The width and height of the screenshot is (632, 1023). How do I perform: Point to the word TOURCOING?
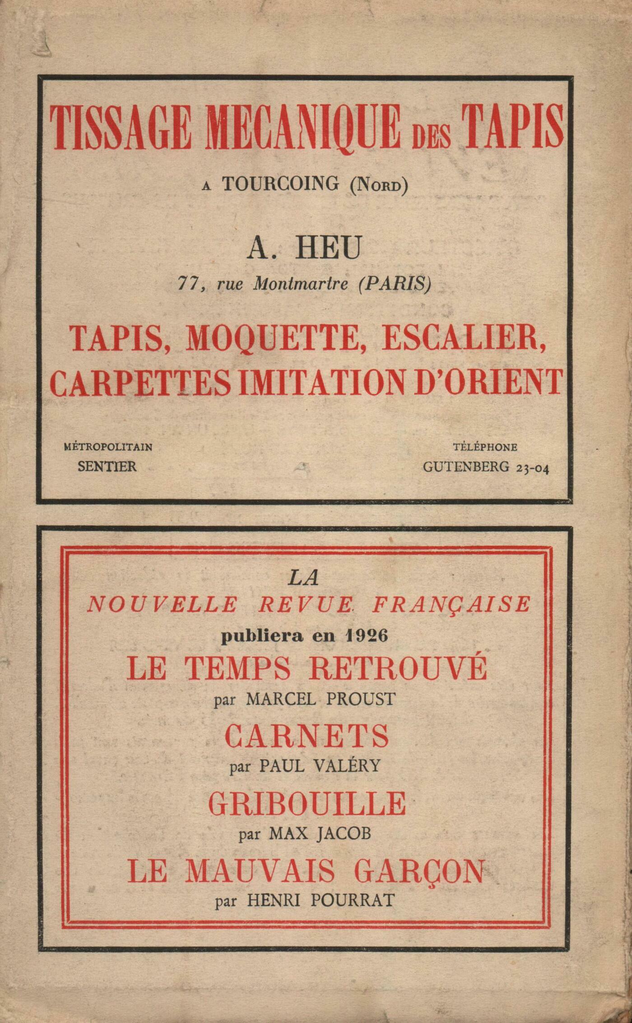point(280,184)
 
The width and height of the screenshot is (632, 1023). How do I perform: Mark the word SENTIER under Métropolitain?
point(107,466)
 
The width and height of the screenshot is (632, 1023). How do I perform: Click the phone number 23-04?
point(532,468)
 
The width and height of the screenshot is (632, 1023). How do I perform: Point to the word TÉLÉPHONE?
point(485,447)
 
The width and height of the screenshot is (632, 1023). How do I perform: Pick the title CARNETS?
point(307,736)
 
